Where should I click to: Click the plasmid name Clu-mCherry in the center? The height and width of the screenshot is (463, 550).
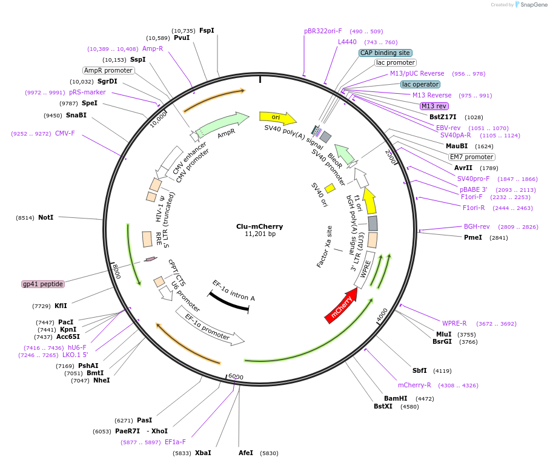[259, 226]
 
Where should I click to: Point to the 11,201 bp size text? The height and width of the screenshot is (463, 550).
[260, 234]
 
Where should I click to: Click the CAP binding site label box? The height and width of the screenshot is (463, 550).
[385, 53]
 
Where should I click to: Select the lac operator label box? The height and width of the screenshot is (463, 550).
[420, 84]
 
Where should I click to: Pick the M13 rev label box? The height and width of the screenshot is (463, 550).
[434, 106]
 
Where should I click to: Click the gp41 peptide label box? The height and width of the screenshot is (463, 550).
[42, 284]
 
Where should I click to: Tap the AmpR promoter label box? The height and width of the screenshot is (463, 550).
[108, 70]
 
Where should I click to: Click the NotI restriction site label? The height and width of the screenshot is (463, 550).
[45, 217]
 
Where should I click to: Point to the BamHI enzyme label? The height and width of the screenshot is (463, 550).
[396, 398]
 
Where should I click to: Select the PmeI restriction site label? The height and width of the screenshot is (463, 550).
[472, 237]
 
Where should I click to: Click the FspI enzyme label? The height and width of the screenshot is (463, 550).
[207, 30]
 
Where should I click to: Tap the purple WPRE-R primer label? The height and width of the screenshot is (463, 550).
[454, 323]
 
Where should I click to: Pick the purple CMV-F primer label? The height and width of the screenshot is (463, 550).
[65, 133]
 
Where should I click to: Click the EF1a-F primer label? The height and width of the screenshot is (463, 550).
[175, 442]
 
